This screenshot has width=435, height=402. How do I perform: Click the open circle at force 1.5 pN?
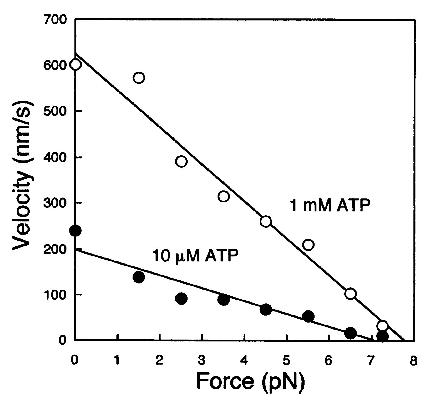point(139,78)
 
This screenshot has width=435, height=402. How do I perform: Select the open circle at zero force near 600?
point(76,65)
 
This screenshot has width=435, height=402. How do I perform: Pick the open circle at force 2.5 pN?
point(181,161)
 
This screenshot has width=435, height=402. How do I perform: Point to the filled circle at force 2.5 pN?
point(181,299)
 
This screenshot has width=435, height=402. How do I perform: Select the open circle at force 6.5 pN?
point(351,294)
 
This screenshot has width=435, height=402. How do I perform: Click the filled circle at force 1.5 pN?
point(139,277)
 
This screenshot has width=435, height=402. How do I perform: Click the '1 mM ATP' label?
point(330,206)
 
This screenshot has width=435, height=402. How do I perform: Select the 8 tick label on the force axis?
point(414,361)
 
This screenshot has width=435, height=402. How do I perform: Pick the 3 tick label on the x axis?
point(202,361)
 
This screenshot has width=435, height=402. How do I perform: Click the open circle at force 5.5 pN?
point(308,245)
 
